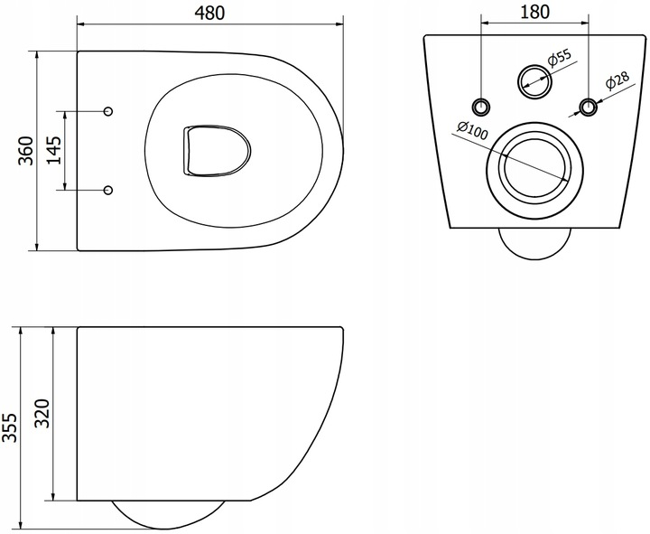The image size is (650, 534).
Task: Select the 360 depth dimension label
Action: coord(25,151)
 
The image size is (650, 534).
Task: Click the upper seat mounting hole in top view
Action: coord(108,111)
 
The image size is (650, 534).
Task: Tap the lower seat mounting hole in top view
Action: coord(108,190)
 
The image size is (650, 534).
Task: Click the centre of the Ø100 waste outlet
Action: coord(534,165)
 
